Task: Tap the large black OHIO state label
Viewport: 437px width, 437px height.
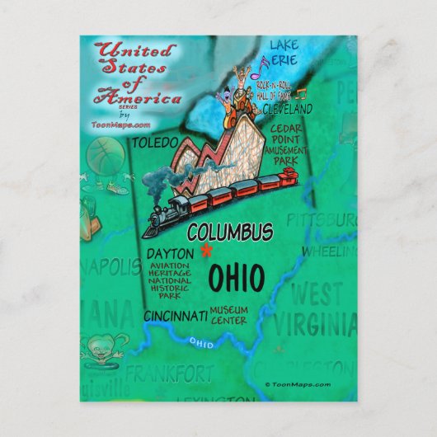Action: (x=236, y=280)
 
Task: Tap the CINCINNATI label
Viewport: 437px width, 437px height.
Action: (x=175, y=316)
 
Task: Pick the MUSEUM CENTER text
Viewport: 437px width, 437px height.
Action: (x=228, y=314)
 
